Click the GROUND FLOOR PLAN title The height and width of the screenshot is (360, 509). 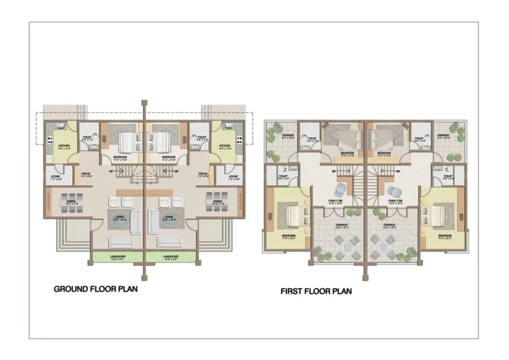click(95, 289)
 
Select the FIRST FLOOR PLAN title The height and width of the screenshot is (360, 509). click(316, 291)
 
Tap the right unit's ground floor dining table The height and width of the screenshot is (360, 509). click(217, 202)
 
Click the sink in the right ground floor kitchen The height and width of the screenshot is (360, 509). click(228, 125)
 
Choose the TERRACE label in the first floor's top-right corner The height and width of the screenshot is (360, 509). click(443, 136)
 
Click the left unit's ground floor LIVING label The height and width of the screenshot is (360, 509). click(119, 218)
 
